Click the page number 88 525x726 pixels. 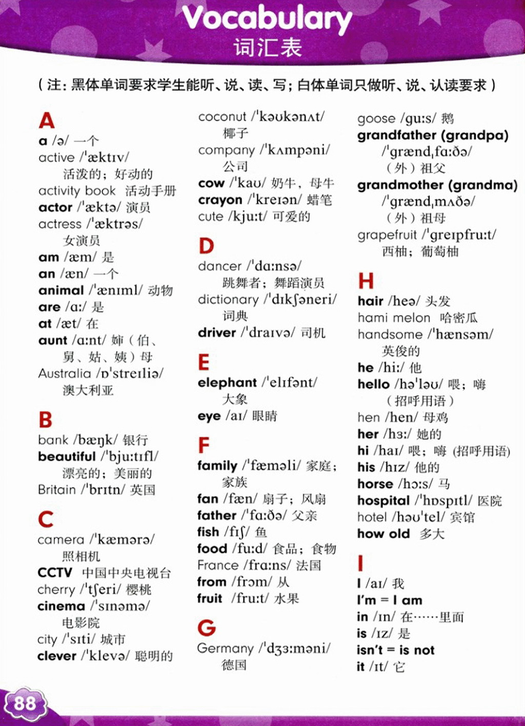[x=25, y=702]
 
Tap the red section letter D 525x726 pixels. [x=206, y=246]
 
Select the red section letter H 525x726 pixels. [x=366, y=281]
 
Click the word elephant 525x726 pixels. [x=227, y=383]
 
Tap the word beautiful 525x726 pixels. [x=67, y=457]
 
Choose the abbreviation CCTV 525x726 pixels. [x=55, y=573]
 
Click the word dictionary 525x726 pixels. [x=228, y=300]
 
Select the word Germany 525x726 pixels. [x=225, y=649]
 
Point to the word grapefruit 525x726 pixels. [x=387, y=235]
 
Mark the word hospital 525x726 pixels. [x=383, y=501]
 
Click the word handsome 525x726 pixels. [x=390, y=335]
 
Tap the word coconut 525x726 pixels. [x=222, y=117]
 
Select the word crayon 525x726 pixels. [x=220, y=200]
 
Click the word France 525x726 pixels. [x=218, y=565]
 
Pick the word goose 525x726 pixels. [x=376, y=119]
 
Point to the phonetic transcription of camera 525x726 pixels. [x=123, y=540]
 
